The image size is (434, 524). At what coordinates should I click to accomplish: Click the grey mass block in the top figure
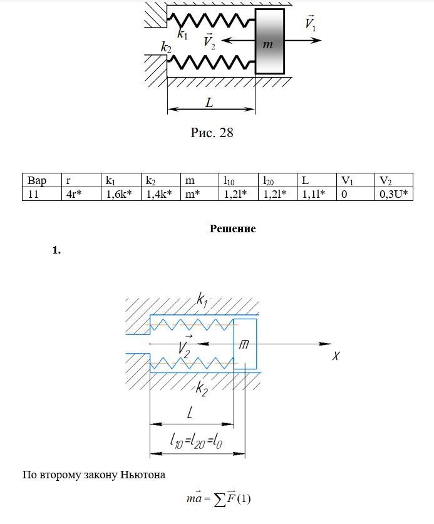coord(270,41)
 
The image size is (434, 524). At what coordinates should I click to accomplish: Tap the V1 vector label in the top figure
coord(311,24)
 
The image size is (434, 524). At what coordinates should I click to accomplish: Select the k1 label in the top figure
coord(182,34)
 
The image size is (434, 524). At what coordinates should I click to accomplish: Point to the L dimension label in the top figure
coord(209,103)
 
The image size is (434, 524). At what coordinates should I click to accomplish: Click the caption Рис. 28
coord(212,133)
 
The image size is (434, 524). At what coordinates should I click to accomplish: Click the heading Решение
coord(233,229)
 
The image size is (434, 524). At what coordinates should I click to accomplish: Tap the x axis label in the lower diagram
coord(336,356)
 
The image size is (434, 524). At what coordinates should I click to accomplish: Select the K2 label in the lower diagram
coord(202,388)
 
